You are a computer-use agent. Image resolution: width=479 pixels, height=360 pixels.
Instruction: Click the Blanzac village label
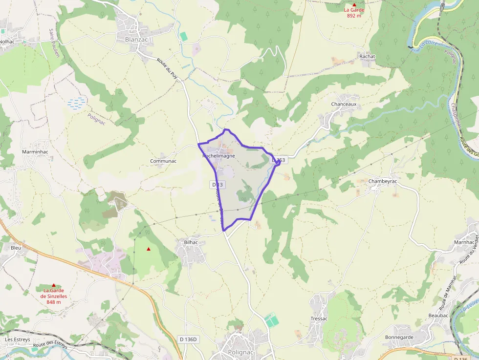[x=130, y=40]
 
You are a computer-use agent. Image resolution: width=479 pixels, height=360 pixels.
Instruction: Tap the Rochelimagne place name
[x=219, y=156]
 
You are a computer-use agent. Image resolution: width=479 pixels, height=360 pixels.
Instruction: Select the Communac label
[x=163, y=161]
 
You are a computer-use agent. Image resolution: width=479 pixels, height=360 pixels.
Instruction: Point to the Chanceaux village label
[x=344, y=105]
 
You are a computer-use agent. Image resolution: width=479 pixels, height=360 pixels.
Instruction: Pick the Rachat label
[x=367, y=56]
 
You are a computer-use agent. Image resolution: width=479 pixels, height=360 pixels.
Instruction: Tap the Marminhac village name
[x=35, y=152]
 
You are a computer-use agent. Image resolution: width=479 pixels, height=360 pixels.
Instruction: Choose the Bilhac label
[x=191, y=242]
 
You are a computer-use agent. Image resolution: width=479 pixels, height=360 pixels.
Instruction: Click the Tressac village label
[x=319, y=318]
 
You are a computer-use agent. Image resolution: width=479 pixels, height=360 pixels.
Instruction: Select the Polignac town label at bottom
[x=241, y=352]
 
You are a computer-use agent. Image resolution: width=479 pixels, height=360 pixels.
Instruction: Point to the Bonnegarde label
[x=399, y=337]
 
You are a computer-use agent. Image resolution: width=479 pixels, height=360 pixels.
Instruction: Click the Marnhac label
[x=464, y=242]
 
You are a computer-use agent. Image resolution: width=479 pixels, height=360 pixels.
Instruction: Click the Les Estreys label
[x=18, y=339]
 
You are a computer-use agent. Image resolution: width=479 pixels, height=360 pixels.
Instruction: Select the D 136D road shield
[x=188, y=339]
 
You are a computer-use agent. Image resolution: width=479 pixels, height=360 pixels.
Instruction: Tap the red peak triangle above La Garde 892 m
[x=354, y=4]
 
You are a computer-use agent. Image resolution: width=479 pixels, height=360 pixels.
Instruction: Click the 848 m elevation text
[x=54, y=302]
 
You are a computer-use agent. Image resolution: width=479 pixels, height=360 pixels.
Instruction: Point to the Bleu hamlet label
[x=16, y=248]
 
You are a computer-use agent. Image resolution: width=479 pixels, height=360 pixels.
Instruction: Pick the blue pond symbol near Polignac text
[x=76, y=103]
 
